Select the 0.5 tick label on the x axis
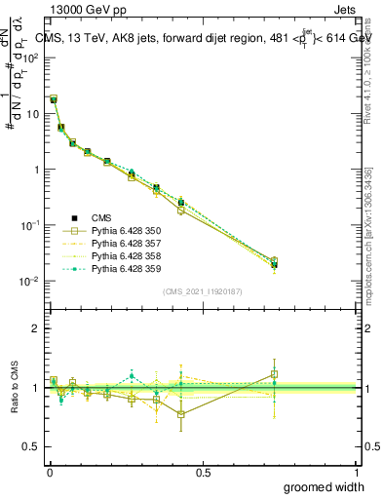[203, 471]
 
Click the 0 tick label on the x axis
[49, 471]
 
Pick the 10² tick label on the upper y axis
[29, 58]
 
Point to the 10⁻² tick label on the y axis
[29, 281]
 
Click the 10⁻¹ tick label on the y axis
[29, 225]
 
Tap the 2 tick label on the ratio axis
[36, 328]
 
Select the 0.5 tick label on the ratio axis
[32, 447]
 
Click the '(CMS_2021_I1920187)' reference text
[203, 291]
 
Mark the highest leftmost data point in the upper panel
[54, 99]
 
